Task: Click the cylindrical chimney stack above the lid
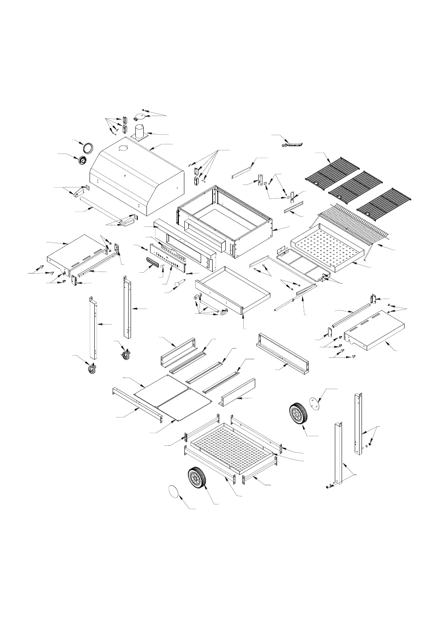coord(140,132)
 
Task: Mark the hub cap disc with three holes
coord(315,403)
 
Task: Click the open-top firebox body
coord(225,221)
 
